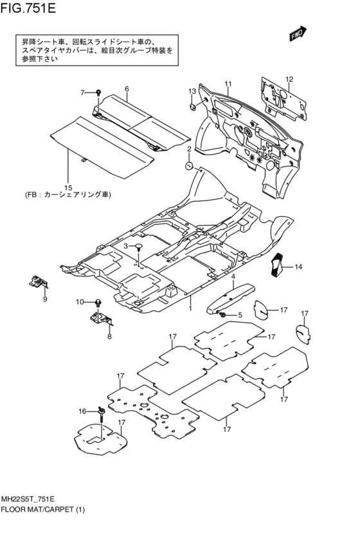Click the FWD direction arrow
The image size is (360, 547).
(x=297, y=34)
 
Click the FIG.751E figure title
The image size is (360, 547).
(x=28, y=8)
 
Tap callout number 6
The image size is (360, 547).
(x=127, y=89)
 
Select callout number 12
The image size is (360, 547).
(x=289, y=79)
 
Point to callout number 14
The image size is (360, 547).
(x=298, y=267)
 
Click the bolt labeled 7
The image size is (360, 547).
(x=99, y=93)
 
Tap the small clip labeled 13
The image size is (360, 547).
(x=192, y=106)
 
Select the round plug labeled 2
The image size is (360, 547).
(x=189, y=165)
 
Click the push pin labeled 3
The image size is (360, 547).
(x=138, y=247)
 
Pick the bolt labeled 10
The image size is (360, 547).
(x=98, y=301)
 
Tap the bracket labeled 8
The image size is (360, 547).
(x=100, y=318)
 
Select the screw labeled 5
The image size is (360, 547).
(x=221, y=315)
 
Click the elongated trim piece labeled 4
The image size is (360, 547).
(x=230, y=296)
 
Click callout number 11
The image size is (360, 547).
(x=228, y=84)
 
